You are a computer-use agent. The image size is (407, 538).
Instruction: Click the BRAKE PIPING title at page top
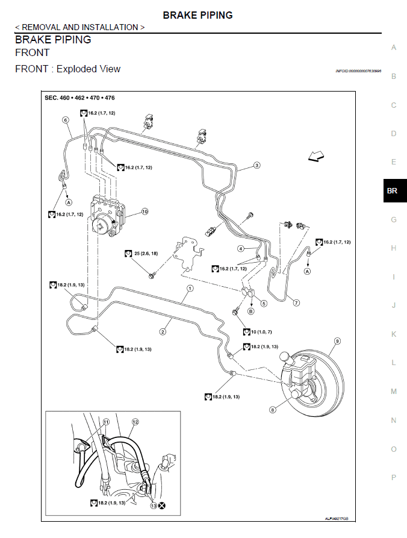pos(197,15)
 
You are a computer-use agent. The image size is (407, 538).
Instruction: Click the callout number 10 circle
pos(144,212)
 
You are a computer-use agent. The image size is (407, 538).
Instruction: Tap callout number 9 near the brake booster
pos(337,341)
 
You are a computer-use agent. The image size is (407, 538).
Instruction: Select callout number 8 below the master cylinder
pos(273,410)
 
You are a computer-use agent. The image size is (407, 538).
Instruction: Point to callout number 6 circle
pos(64,120)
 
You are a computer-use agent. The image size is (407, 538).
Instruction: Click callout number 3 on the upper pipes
pos(256,165)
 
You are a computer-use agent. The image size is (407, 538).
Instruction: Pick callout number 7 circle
pos(296,302)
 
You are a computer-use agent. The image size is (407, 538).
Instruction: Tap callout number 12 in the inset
pos(135,422)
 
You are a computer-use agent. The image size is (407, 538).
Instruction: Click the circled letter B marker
pos(250,311)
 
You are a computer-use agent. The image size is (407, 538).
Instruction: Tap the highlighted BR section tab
pos(393,191)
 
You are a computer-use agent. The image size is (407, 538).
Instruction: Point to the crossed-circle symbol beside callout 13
pos(162,507)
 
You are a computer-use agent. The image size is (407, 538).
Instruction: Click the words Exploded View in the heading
pos(89,69)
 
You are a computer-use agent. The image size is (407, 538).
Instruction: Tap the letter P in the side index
pos(394,477)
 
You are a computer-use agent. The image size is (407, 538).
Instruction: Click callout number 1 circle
pos(190,288)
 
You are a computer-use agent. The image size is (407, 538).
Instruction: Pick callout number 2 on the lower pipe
pos(163,331)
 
